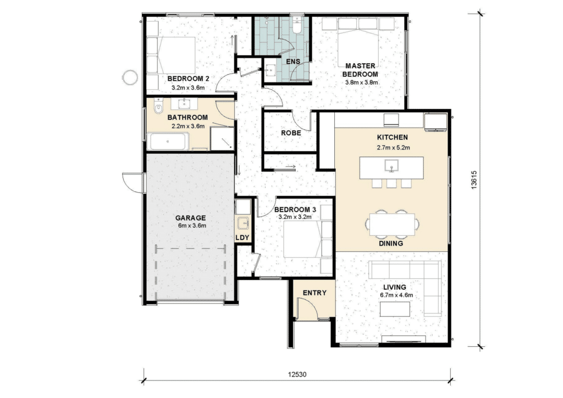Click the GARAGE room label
tap(190, 218)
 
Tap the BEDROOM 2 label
tap(188, 79)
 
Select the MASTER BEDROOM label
tap(360, 70)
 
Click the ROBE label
tap(291, 133)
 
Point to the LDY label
tap(242, 237)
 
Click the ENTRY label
tap(314, 293)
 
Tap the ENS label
tap(293, 62)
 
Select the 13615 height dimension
tap(474, 180)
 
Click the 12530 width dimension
tap(297, 375)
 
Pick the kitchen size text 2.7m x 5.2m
tap(393, 147)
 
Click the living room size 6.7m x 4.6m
tap(396, 295)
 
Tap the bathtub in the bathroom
tap(168, 141)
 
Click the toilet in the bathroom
tap(158, 106)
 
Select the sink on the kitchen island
tap(391, 166)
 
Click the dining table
tap(392, 225)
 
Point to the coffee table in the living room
tap(395, 309)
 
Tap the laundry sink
tap(243, 223)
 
